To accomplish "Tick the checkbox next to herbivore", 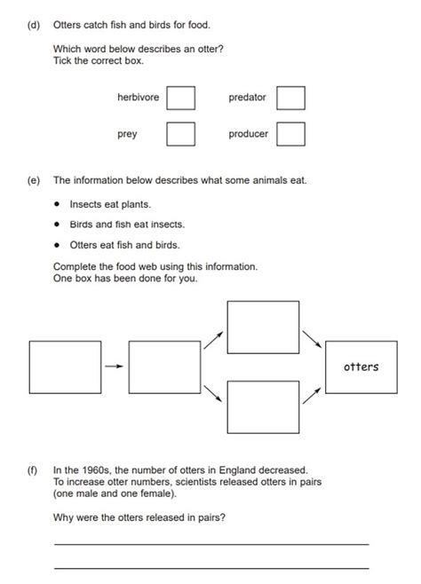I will tap(180, 97).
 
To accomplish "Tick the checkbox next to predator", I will tap(290, 97).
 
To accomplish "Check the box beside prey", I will tap(180, 134).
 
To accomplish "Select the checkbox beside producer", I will tap(290, 134).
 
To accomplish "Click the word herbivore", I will tap(138, 97).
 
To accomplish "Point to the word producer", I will tap(248, 134).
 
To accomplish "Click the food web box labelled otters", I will tap(361, 366).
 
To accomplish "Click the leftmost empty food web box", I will tap(64, 366).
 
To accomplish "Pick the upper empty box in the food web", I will tap(263, 328).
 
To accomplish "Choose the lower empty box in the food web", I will tap(263, 406).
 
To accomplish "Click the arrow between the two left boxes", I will tap(113, 366).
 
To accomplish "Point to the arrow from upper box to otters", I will tap(311, 340).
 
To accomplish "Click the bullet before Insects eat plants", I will tap(57, 204).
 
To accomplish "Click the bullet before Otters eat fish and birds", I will tap(57, 245).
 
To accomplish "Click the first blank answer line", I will tap(210, 543).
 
